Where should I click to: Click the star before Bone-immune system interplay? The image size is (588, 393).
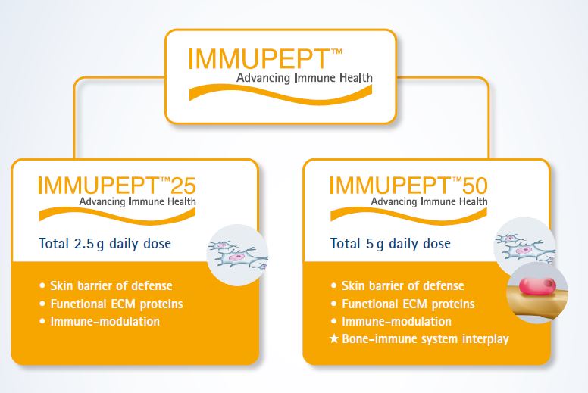pyautogui.click(x=333, y=339)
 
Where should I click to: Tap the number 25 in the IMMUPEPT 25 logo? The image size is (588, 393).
pyautogui.click(x=183, y=186)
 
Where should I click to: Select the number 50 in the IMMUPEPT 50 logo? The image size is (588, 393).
pyautogui.click(x=475, y=186)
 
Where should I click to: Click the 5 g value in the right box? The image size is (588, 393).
pyautogui.click(x=374, y=244)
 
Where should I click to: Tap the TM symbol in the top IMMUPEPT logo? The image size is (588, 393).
pyautogui.click(x=336, y=52)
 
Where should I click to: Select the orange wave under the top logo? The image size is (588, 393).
pyautogui.click(x=280, y=93)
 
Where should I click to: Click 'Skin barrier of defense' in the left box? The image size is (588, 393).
pyautogui.click(x=111, y=285)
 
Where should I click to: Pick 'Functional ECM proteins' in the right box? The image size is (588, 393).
pyautogui.click(x=408, y=304)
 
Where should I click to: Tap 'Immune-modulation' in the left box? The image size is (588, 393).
pyautogui.click(x=105, y=321)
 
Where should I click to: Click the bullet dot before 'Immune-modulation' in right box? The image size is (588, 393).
pyautogui.click(x=333, y=321)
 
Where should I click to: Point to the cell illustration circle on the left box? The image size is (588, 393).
pyautogui.click(x=237, y=254)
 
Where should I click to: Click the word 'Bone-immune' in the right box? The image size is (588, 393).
pyautogui.click(x=380, y=338)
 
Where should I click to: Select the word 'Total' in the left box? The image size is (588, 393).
pyautogui.click(x=54, y=244)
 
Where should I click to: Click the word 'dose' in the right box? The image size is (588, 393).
pyautogui.click(x=436, y=244)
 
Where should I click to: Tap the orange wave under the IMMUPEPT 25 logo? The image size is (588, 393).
pyautogui.click(x=117, y=215)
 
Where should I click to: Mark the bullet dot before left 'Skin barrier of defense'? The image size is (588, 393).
pyautogui.click(x=42, y=285)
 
